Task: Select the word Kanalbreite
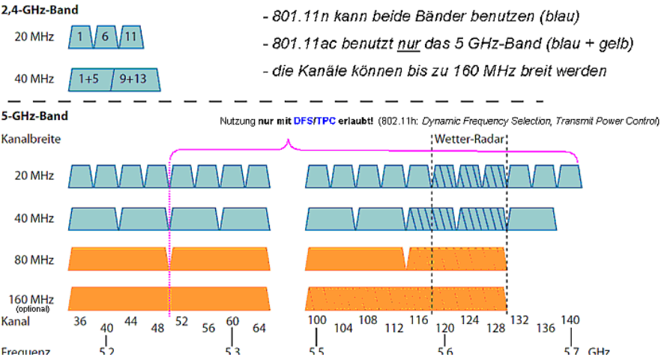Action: click(x=31, y=139)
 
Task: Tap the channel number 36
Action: click(x=80, y=320)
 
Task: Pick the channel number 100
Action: click(x=317, y=320)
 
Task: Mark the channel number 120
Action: click(x=445, y=328)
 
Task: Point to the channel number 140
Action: click(x=570, y=320)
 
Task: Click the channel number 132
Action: click(x=519, y=320)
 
